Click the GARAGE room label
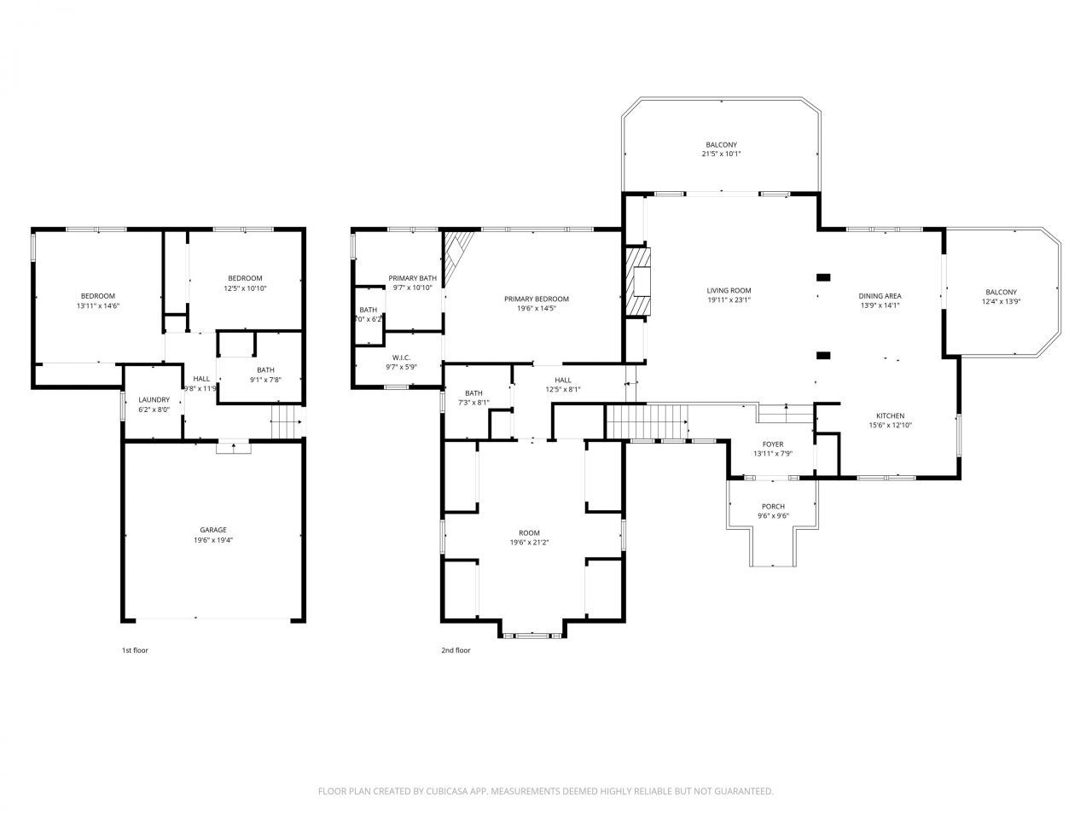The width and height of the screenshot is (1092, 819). click(x=213, y=530)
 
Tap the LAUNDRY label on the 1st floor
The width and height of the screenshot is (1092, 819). click(x=154, y=399)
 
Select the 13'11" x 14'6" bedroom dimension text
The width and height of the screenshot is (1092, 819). click(x=98, y=305)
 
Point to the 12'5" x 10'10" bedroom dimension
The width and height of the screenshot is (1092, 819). click(x=245, y=288)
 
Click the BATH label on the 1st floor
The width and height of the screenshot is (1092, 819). click(x=266, y=369)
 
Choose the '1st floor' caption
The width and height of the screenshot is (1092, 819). click(x=135, y=650)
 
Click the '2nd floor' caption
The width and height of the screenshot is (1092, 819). click(x=456, y=650)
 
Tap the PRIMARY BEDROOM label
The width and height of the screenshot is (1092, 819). click(x=536, y=299)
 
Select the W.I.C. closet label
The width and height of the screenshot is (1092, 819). click(x=401, y=357)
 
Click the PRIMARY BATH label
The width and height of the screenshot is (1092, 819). click(x=412, y=278)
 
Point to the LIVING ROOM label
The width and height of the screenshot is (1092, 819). click(x=729, y=290)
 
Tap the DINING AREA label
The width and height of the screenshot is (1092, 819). click(x=880, y=296)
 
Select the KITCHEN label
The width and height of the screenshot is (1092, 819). click(x=890, y=415)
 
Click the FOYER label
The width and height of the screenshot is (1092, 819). click(x=773, y=444)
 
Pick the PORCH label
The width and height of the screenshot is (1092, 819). click(x=773, y=507)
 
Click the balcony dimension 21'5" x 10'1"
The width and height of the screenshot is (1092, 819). click(x=721, y=154)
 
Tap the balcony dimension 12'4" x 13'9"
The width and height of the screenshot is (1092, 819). click(x=1002, y=301)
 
